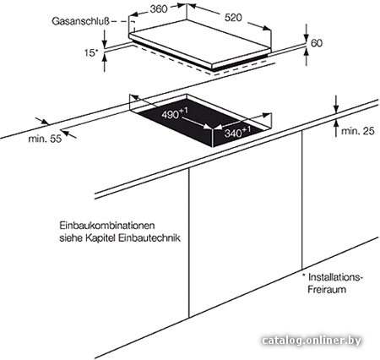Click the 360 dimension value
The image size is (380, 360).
tap(159, 8)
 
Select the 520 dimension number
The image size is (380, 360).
tap(233, 18)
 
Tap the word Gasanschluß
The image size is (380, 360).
tap(80, 22)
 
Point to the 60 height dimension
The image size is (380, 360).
tap(317, 43)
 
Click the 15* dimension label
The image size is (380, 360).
tap(91, 52)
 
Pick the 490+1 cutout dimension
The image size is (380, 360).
tap(175, 113)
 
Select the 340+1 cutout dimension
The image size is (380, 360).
tap(237, 132)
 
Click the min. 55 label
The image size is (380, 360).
tap(45, 139)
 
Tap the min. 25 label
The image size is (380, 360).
tap(358, 131)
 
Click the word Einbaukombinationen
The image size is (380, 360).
tap(107, 226)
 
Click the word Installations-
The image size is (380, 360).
tap(334, 277)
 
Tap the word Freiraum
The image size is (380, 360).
tap(327, 289)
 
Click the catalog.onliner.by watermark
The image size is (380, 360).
tap(312, 341)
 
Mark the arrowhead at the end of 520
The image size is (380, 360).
tap(266, 28)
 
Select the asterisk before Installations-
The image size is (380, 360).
tap(304, 275)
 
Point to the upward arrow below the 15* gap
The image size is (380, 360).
tap(105, 63)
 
